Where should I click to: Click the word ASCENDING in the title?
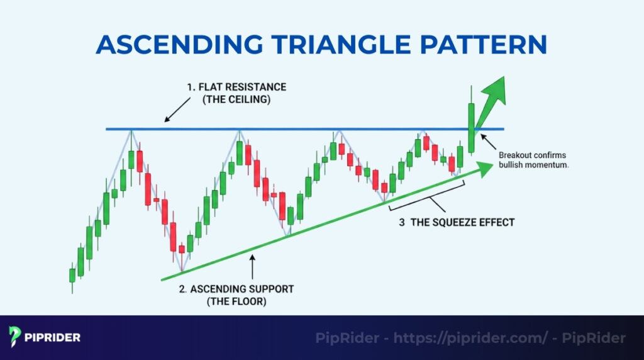coord(180,45)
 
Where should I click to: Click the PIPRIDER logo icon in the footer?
coord(15,337)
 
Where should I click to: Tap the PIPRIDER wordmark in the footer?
coord(54,337)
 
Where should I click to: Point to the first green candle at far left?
coord(72,276)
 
